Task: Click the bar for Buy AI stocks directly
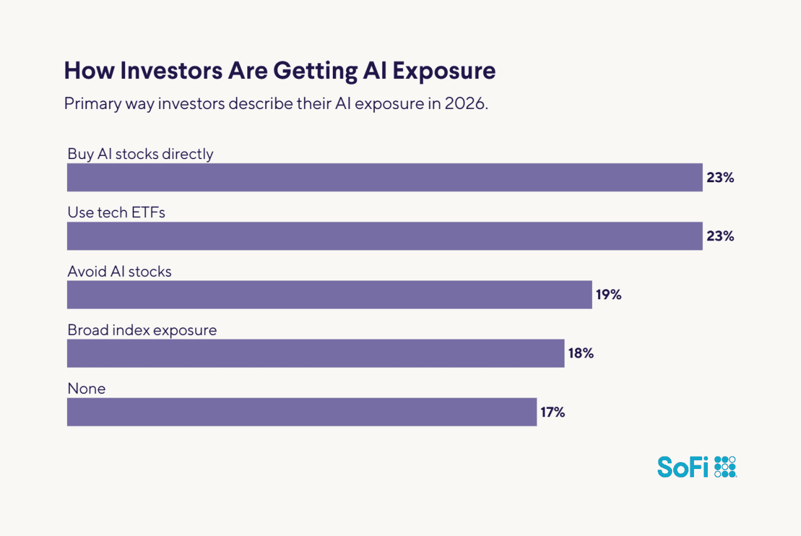pyautogui.click(x=385, y=177)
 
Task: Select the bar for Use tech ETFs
pyautogui.click(x=385, y=236)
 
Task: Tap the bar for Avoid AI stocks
pyautogui.click(x=329, y=295)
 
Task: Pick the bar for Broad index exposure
pyautogui.click(x=315, y=353)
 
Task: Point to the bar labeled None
pyautogui.click(x=302, y=412)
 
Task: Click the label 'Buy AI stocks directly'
pyautogui.click(x=140, y=154)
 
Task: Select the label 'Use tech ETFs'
pyautogui.click(x=116, y=213)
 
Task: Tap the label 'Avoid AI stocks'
pyautogui.click(x=120, y=272)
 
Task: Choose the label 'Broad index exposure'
pyautogui.click(x=142, y=330)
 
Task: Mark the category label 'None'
pyautogui.click(x=86, y=389)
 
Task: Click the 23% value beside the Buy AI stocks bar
pyautogui.click(x=720, y=177)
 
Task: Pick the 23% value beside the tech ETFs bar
pyautogui.click(x=720, y=236)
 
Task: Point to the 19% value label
pyautogui.click(x=608, y=295)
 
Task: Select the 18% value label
pyautogui.click(x=581, y=353)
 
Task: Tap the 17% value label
pyautogui.click(x=553, y=412)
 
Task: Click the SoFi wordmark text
pyautogui.click(x=683, y=466)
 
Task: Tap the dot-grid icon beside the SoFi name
pyautogui.click(x=725, y=466)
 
